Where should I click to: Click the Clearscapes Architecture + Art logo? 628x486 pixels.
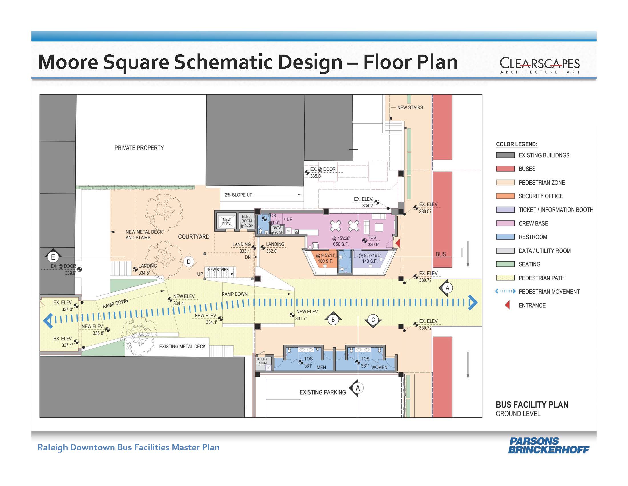click(x=540, y=65)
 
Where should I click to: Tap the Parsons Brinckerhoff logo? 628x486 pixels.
click(x=548, y=445)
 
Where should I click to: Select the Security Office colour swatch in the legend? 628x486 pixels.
click(x=505, y=196)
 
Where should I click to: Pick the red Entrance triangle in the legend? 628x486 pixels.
click(x=508, y=305)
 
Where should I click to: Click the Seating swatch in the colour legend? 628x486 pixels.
click(x=505, y=264)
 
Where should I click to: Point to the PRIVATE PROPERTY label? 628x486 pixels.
click(x=139, y=148)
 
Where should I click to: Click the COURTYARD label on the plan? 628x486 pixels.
click(x=194, y=237)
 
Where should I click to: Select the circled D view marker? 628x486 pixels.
click(x=189, y=262)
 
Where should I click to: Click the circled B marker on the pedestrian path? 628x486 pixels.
click(x=333, y=319)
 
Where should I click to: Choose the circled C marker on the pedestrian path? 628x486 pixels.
click(x=373, y=320)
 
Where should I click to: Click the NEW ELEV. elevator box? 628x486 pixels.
click(x=226, y=221)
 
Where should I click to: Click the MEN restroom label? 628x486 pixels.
click(x=321, y=367)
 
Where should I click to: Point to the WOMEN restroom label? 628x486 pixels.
click(x=379, y=367)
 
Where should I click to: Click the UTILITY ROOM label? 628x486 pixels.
click(x=262, y=361)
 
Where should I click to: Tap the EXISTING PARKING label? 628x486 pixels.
click(x=323, y=393)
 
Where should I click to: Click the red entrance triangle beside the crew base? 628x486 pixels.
click(x=398, y=243)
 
